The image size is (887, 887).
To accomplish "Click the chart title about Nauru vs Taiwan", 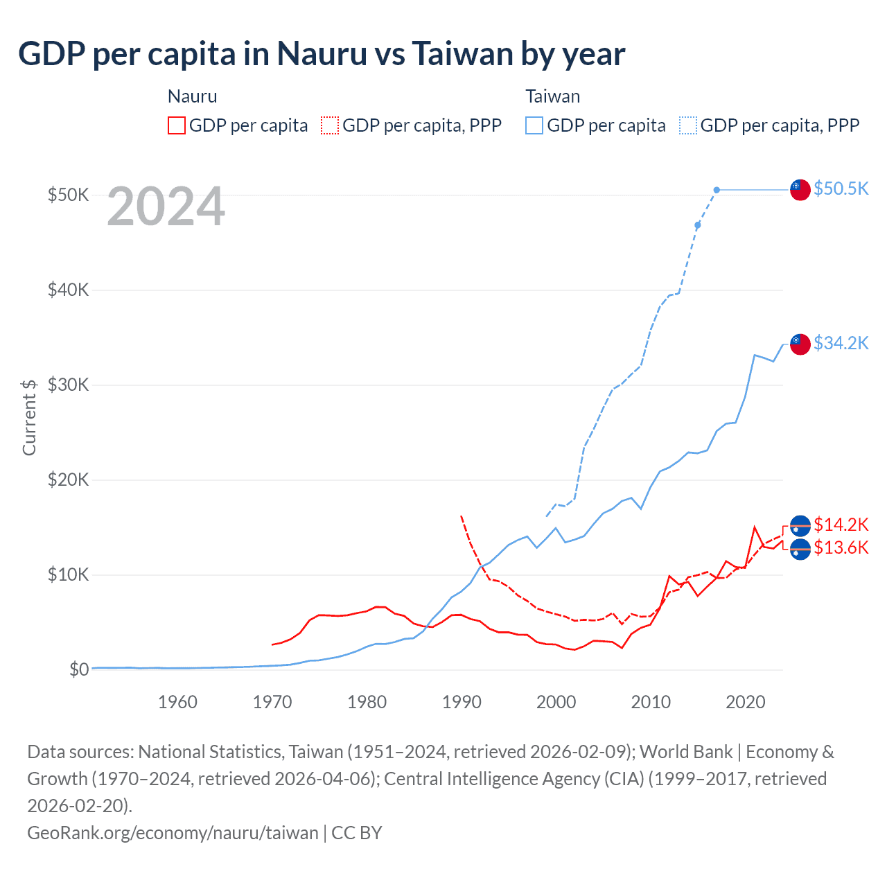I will point(322,54).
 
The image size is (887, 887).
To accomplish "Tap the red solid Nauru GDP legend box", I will point(177,125).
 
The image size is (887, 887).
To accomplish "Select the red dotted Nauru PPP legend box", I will point(330,125).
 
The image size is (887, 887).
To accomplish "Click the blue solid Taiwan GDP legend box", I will point(534,125).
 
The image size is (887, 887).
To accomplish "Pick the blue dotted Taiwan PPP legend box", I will point(688,125).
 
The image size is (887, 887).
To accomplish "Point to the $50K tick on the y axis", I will point(68,195).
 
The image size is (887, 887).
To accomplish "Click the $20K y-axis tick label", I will point(68,480).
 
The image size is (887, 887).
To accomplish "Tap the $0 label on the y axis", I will point(79,669).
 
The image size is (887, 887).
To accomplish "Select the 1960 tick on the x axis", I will point(177,702).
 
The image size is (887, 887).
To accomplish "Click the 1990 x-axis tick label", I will point(462,702).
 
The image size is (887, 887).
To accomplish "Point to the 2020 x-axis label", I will point(746,702).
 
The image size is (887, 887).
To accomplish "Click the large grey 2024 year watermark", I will point(166,207).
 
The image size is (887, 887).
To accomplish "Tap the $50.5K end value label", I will point(841,188).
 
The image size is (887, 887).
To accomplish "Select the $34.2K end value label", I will point(841,343).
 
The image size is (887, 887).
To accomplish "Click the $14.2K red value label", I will point(841,525).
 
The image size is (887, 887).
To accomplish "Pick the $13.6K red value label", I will point(841,547).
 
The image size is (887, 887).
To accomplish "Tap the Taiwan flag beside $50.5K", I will point(800,189).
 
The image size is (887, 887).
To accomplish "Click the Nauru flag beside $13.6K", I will point(800,549).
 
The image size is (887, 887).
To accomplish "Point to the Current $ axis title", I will point(29,417).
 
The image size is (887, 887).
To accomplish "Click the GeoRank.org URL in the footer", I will point(173,832).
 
